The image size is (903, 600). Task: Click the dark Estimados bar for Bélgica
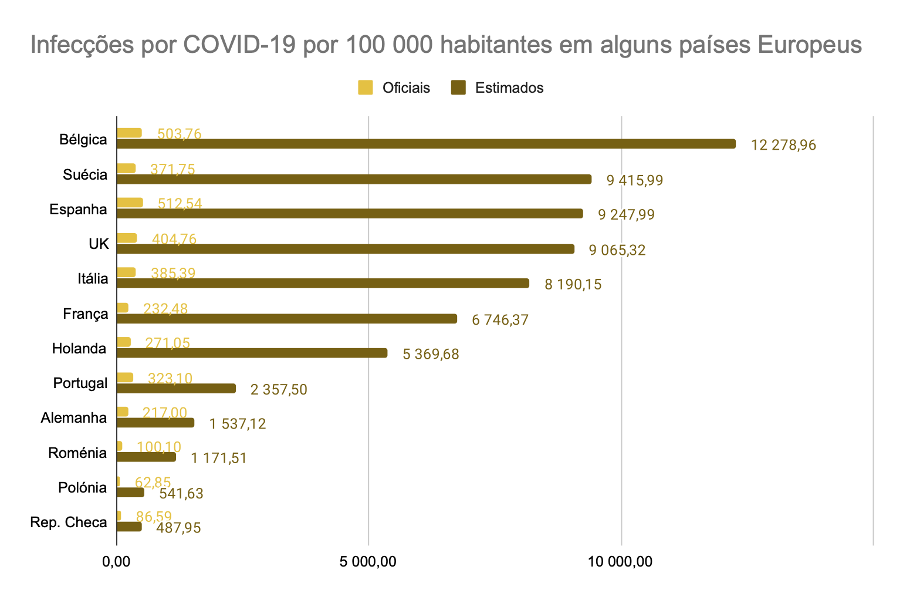(x=426, y=144)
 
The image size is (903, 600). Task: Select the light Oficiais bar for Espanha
(x=130, y=203)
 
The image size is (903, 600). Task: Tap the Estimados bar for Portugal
(x=176, y=388)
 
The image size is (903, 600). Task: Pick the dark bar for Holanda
(x=252, y=353)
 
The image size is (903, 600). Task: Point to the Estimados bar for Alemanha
(x=155, y=423)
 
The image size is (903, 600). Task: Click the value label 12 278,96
(x=783, y=145)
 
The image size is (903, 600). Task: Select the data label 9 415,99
(x=635, y=180)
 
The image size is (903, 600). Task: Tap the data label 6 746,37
(x=500, y=320)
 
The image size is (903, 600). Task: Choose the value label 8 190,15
(x=573, y=285)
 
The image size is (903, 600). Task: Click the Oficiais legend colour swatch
(x=366, y=88)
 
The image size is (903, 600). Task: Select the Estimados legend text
(x=509, y=88)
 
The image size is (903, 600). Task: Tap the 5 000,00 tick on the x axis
(x=368, y=562)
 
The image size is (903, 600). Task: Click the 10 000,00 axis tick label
(x=621, y=562)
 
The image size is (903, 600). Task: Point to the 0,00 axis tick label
(x=116, y=562)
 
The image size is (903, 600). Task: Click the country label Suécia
(x=86, y=175)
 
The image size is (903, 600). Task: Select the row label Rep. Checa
(x=69, y=523)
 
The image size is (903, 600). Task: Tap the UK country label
(x=99, y=244)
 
